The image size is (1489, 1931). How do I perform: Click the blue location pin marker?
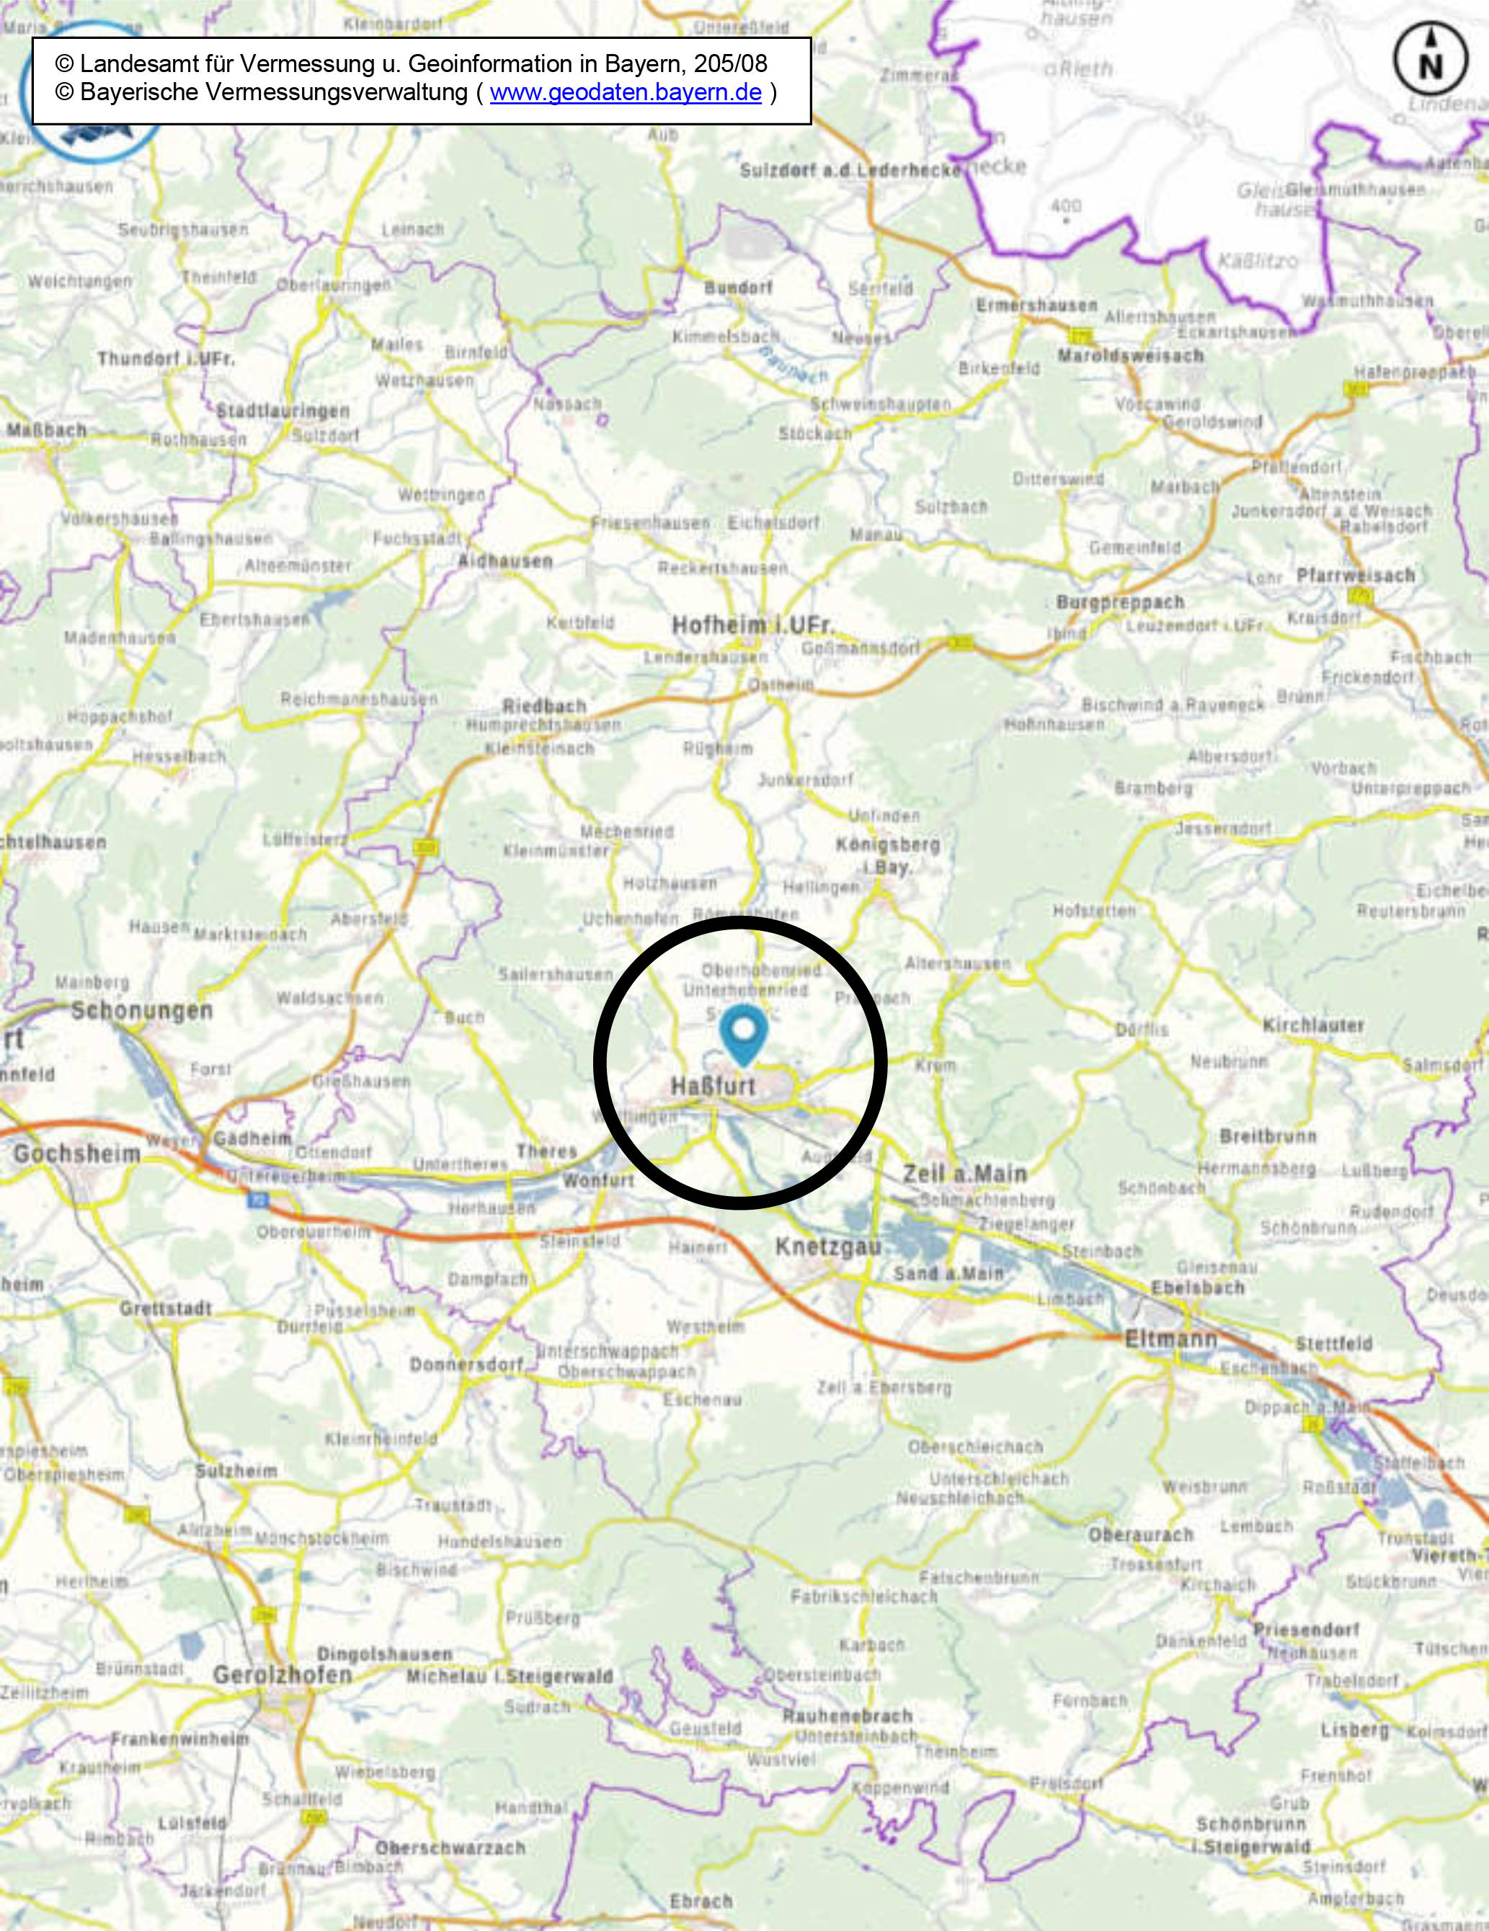pyautogui.click(x=743, y=1037)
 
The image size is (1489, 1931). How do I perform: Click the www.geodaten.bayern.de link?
pyautogui.click(x=625, y=93)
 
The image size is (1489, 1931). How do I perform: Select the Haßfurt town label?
pyautogui.click(x=713, y=1086)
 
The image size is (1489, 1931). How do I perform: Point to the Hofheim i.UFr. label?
pyautogui.click(x=752, y=625)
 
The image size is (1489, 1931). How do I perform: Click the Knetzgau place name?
pyautogui.click(x=829, y=1247)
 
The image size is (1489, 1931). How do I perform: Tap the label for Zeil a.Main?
pyautogui.click(x=964, y=1174)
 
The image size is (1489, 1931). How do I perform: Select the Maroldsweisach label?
pyautogui.click(x=1131, y=355)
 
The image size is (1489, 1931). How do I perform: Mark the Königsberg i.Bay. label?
pyautogui.click(x=888, y=855)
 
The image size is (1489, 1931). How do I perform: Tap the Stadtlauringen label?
pyautogui.click(x=284, y=411)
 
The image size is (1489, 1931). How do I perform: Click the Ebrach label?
pyautogui.click(x=701, y=1901)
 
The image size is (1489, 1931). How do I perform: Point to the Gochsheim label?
pyautogui.click(x=77, y=1154)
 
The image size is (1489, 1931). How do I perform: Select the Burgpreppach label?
pyautogui.click(x=1119, y=602)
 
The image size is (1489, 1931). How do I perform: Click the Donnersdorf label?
pyautogui.click(x=467, y=1365)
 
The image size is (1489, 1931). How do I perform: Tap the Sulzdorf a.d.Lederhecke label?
pyautogui.click(x=850, y=171)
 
